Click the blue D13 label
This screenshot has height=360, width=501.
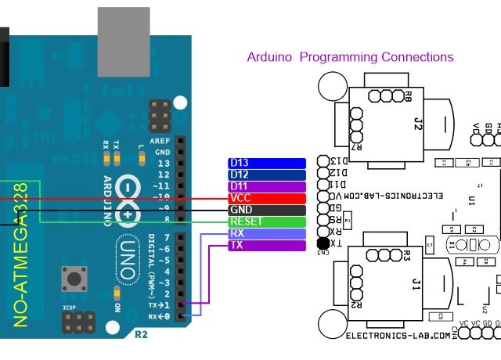point(266,163)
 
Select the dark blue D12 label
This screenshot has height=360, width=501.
point(266,175)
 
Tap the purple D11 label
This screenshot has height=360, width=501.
point(266,186)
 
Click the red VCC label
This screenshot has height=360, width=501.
point(266,198)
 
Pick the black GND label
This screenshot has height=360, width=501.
point(266,210)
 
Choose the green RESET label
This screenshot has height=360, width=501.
point(266,221)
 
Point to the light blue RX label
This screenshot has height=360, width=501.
point(266,233)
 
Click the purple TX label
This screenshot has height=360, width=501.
point(266,245)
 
